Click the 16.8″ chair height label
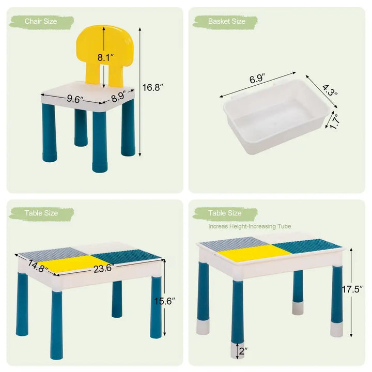point(152,87)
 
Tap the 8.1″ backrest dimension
point(105,57)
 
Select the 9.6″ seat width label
point(75,99)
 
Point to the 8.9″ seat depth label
point(119,96)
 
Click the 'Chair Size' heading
point(41,21)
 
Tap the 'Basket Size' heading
point(227,21)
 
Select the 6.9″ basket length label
point(257,79)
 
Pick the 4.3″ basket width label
point(330,90)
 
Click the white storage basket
point(276,116)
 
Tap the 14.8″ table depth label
point(38,266)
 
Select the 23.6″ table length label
point(104,268)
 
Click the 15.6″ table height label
point(164,301)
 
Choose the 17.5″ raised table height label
point(352,289)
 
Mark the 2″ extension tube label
point(243,351)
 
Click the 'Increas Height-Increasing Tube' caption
point(250,226)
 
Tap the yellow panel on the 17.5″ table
point(255,253)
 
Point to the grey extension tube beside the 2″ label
point(237,350)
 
